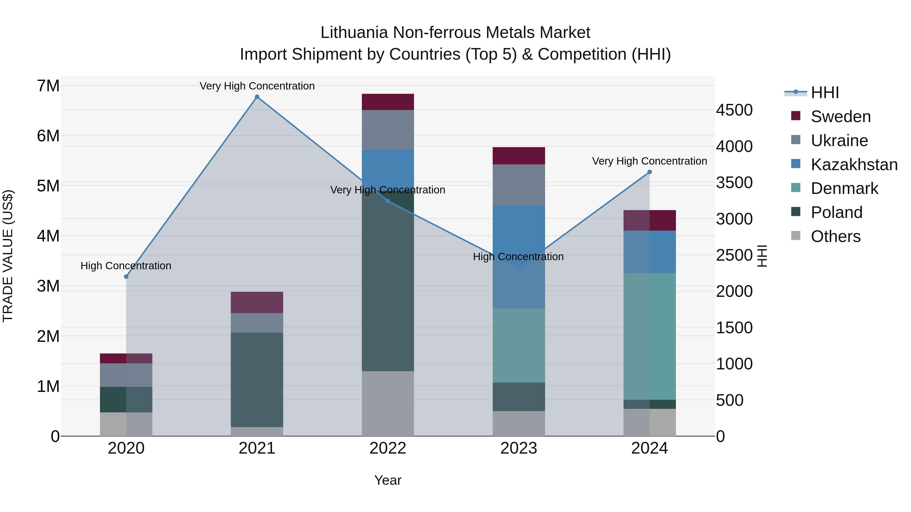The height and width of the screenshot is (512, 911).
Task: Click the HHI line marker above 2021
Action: click(257, 97)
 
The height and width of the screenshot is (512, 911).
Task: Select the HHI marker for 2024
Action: click(649, 172)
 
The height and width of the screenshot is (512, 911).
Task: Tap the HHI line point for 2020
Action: click(126, 277)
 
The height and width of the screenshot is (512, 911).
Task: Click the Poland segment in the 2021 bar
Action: click(257, 380)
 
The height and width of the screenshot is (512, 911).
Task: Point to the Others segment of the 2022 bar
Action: click(388, 403)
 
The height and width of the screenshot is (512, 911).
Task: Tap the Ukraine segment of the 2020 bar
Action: click(126, 375)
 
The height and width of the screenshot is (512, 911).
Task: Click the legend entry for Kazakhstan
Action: click(854, 165)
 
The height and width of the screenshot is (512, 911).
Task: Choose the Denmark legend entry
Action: click(844, 188)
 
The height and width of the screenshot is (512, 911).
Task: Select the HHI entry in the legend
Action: click(824, 93)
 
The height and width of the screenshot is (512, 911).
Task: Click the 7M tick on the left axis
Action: click(48, 86)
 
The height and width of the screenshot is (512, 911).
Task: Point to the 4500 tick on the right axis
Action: click(734, 110)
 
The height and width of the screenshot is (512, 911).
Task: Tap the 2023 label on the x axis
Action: click(519, 448)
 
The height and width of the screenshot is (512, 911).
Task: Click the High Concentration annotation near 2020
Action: click(126, 266)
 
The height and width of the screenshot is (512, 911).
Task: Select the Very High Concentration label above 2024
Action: click(649, 161)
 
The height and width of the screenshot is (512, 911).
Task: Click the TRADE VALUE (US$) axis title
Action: click(8, 256)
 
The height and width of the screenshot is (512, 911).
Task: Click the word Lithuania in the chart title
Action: click(354, 33)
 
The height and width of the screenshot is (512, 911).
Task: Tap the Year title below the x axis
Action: click(388, 480)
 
